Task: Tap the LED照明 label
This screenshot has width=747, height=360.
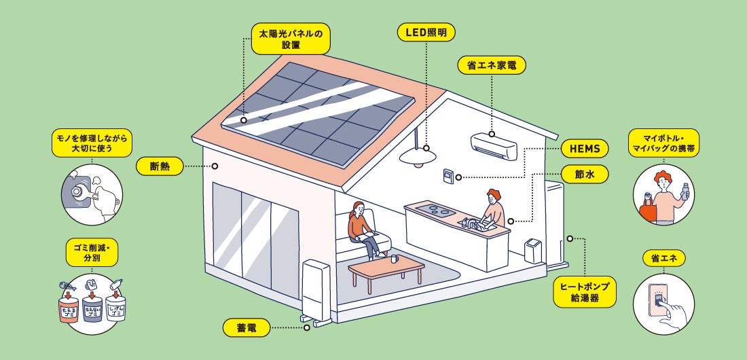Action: tap(426, 32)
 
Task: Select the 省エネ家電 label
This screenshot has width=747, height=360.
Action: tap(492, 66)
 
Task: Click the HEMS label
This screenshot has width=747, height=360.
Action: tap(585, 149)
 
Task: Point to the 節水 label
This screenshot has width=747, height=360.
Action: tap(585, 175)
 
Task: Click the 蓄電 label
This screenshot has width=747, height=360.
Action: tap(247, 327)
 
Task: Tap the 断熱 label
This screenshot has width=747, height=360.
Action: tap(160, 165)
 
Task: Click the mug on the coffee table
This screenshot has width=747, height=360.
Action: tap(395, 259)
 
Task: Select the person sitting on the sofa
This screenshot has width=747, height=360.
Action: tap(361, 229)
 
